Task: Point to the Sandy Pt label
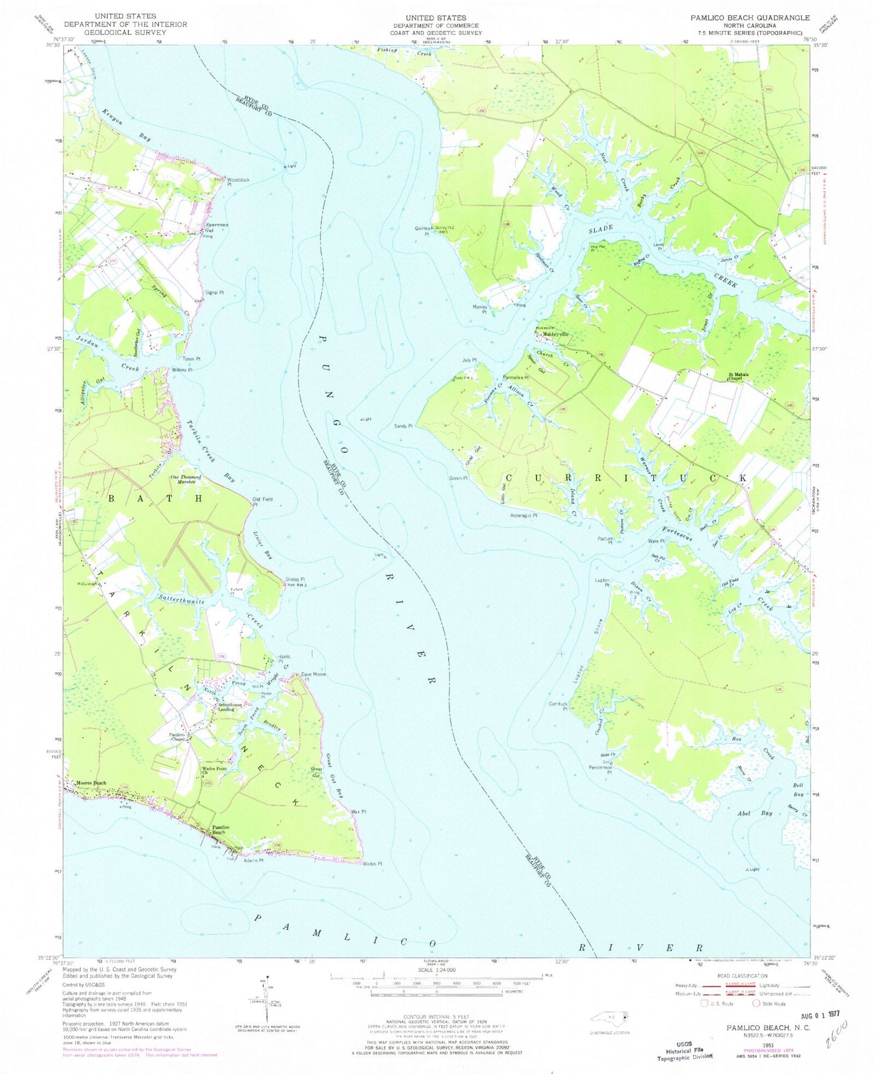point(403,426)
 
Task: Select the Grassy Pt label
point(295,579)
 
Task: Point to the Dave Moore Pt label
point(313,677)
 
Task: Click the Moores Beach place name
point(91,783)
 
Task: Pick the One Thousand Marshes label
point(185,479)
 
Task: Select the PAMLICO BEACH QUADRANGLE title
point(750,18)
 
